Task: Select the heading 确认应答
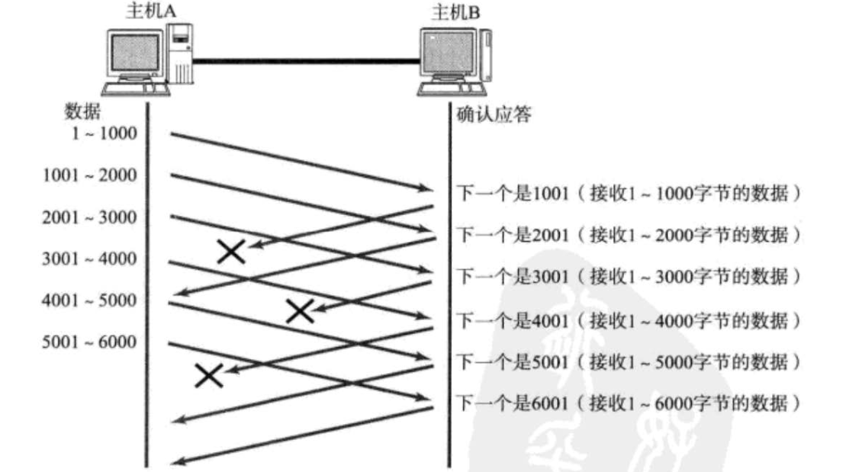tap(489, 116)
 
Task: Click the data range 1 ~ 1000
tap(103, 134)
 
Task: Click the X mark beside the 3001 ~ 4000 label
tap(231, 252)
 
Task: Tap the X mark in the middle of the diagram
tap(300, 310)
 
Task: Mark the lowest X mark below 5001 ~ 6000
tap(208, 375)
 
